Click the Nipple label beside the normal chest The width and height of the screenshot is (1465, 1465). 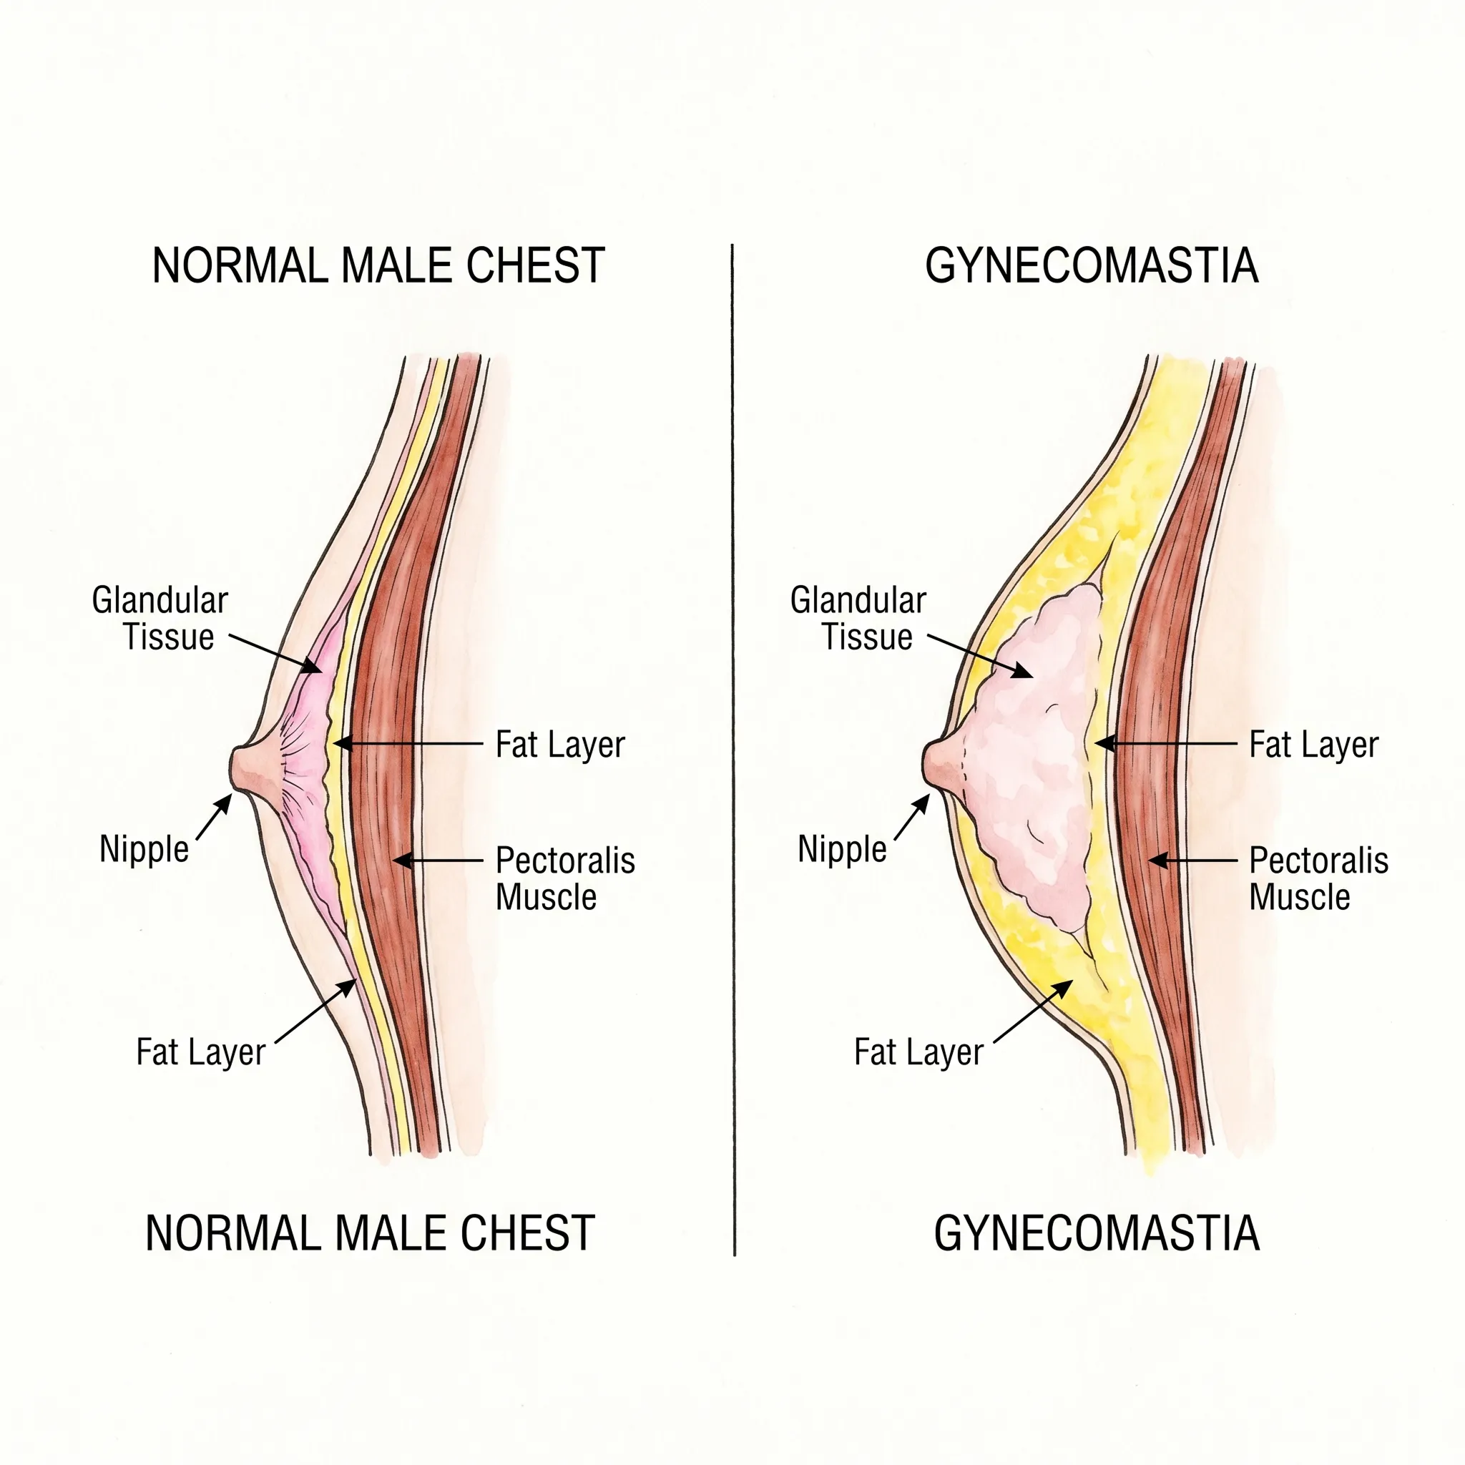(144, 849)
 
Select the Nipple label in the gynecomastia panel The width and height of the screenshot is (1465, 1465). (842, 849)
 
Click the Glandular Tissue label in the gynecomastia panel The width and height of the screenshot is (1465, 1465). (858, 619)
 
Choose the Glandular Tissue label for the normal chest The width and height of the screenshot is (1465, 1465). (160, 619)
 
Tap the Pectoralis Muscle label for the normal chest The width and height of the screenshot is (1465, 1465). (565, 879)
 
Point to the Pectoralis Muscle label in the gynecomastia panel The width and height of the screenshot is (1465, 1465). (1318, 879)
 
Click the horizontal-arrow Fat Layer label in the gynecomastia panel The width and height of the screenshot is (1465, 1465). (1314, 745)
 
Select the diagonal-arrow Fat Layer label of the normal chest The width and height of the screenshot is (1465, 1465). (201, 1052)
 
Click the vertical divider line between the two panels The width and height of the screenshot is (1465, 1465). (733, 750)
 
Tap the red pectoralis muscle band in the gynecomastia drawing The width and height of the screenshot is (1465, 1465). (1167, 758)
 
